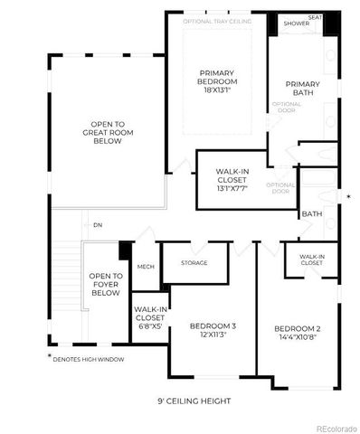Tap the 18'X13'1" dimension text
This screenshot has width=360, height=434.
[x=217, y=90]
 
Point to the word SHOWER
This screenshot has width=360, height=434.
[x=295, y=23]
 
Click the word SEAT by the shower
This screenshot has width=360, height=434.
[x=315, y=16]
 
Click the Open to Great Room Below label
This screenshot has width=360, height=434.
[x=107, y=134]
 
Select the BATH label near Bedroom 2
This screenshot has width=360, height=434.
[x=312, y=214]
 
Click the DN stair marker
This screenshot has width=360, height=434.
[x=99, y=225]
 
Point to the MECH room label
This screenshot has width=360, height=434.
[x=146, y=267]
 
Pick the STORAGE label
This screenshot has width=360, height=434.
[x=194, y=263]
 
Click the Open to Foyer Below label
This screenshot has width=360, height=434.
[x=106, y=285]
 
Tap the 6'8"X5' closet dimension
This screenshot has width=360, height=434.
[x=149, y=327]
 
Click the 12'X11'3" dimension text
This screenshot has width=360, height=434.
[x=213, y=336]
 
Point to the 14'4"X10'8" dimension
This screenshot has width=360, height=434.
[x=298, y=338]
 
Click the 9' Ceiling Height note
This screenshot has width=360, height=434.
[x=194, y=401]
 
